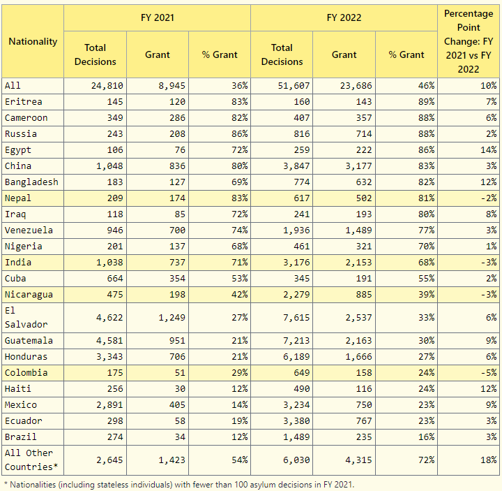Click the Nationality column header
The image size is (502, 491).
(33, 41)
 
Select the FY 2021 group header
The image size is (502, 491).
(157, 17)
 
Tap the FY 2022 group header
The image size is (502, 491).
(344, 17)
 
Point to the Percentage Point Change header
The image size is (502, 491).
(469, 41)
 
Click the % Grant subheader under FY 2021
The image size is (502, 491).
(220, 55)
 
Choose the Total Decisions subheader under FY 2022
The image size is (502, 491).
(282, 54)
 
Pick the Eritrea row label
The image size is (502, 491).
(24, 102)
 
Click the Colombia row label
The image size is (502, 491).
(26, 373)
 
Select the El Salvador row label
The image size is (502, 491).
(26, 318)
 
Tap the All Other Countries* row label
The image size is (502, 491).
(31, 460)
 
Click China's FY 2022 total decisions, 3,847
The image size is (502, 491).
(296, 166)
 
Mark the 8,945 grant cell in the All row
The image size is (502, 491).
(172, 86)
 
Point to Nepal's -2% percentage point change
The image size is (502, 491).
(489, 198)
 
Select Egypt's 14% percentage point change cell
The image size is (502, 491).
(489, 149)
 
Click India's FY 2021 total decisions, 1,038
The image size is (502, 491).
(109, 263)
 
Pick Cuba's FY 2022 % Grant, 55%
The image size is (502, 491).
(427, 279)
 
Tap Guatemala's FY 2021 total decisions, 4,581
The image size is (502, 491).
(109, 341)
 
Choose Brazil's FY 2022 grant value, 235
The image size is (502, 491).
(364, 437)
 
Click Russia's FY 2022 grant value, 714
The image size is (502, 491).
(364, 133)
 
